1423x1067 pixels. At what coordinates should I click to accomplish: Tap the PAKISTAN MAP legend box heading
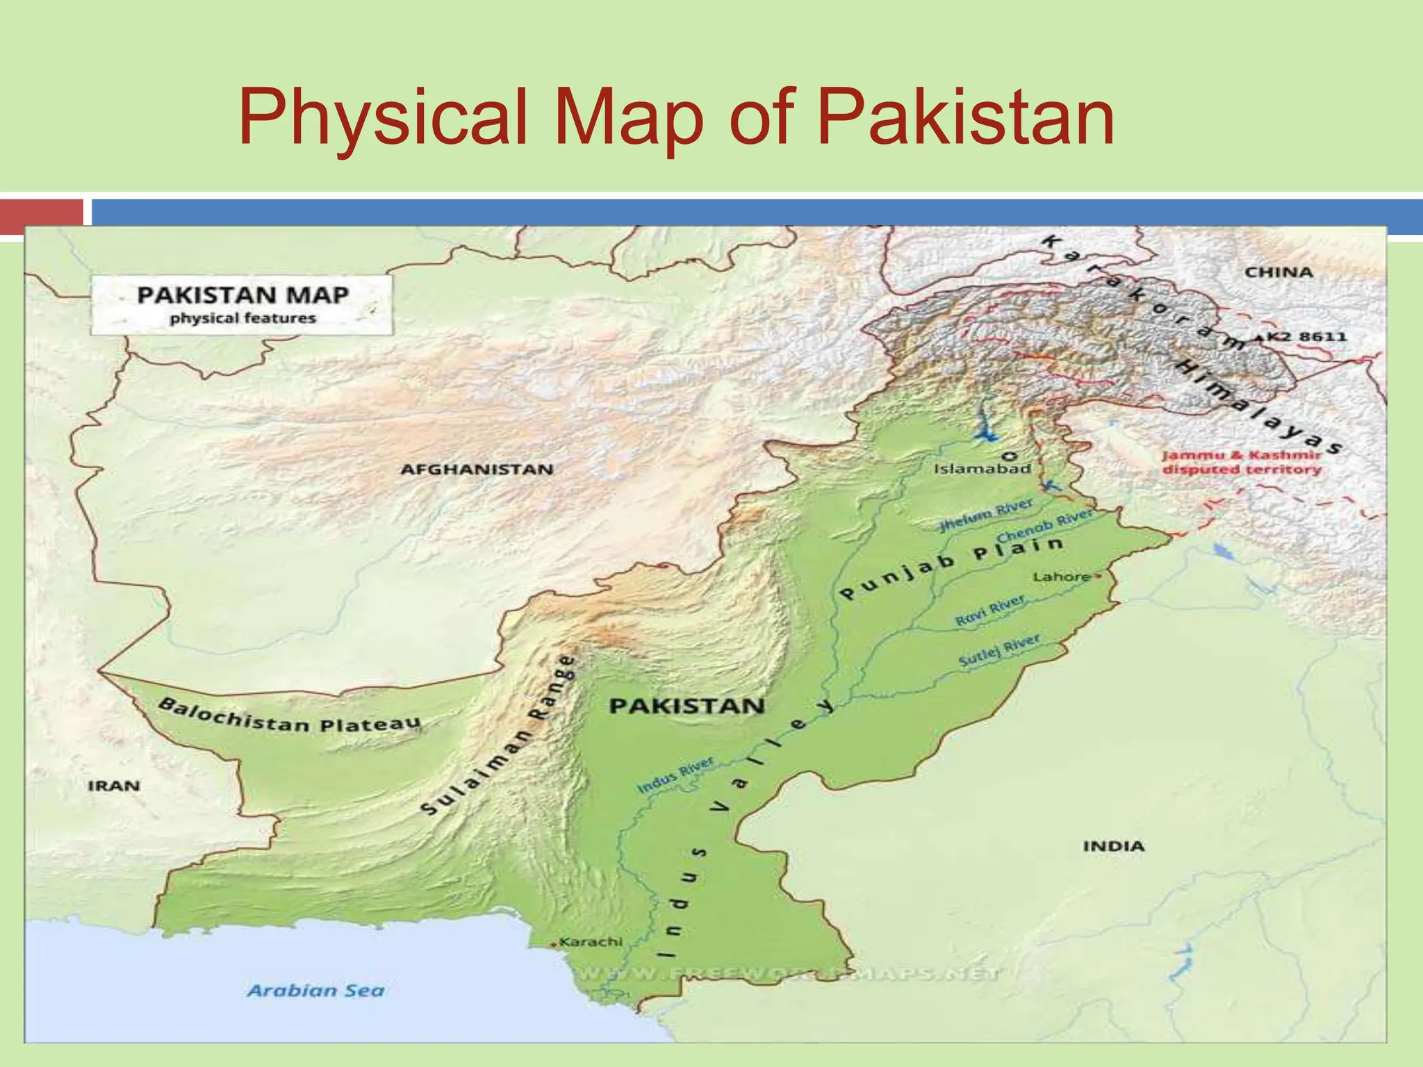[242, 295]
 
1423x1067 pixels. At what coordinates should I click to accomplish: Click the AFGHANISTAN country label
[477, 470]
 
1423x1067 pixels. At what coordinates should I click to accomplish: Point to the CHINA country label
[1278, 272]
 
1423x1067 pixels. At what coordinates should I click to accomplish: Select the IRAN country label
[114, 786]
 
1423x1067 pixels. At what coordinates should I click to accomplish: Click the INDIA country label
[1113, 846]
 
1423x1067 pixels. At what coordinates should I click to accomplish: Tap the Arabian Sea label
[315, 991]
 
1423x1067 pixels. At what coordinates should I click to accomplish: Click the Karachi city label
[591, 942]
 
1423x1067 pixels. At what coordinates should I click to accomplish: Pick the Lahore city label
[1061, 577]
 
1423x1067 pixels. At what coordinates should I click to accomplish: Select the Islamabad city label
[982, 469]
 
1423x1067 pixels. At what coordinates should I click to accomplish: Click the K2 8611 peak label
[1307, 337]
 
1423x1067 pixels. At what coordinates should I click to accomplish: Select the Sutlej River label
[999, 651]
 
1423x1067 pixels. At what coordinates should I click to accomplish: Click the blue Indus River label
[675, 776]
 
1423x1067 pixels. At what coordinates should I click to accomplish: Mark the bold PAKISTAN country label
[686, 706]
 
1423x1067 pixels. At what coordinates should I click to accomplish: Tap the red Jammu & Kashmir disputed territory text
[1241, 463]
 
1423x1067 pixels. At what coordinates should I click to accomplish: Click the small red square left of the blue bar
[41, 215]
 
